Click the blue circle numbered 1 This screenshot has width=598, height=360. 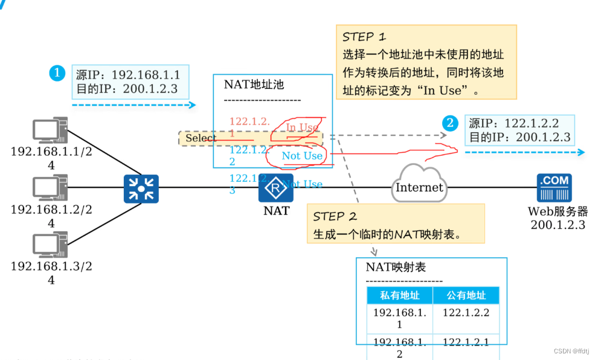pyautogui.click(x=57, y=74)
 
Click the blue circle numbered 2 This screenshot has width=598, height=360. pyautogui.click(x=450, y=123)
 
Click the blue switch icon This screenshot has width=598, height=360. pyautogui.click(x=141, y=189)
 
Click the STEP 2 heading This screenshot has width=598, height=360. pyautogui.click(x=335, y=216)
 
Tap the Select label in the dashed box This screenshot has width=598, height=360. pyautogui.click(x=201, y=138)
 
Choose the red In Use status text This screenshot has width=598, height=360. pyautogui.click(x=302, y=127)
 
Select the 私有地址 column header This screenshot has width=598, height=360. pyautogui.click(x=400, y=295)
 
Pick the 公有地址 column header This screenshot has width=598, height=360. pyautogui.click(x=466, y=295)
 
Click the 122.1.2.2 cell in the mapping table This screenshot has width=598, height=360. pyautogui.click(x=466, y=312)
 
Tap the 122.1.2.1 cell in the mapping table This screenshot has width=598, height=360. pyautogui.click(x=466, y=342)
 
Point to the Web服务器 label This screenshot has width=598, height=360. pyautogui.click(x=558, y=211)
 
